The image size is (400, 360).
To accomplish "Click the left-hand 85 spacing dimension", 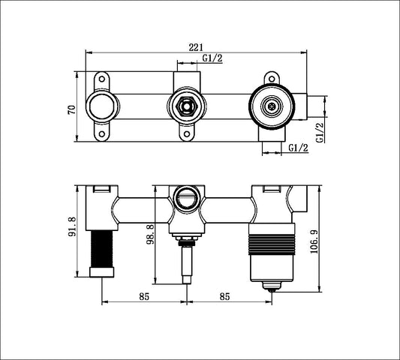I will tap(144, 295).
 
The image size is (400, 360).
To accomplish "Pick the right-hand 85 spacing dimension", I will tap(230, 295).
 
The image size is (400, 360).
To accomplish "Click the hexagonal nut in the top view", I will tap(186, 107).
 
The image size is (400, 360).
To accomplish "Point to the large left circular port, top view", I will tap(101, 106).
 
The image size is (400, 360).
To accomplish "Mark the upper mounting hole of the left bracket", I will tap(101, 79).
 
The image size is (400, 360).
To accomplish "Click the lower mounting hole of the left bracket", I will tap(101, 134).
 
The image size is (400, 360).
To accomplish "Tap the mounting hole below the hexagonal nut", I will tap(186, 135).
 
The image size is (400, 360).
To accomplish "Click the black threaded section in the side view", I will tap(101, 252).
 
